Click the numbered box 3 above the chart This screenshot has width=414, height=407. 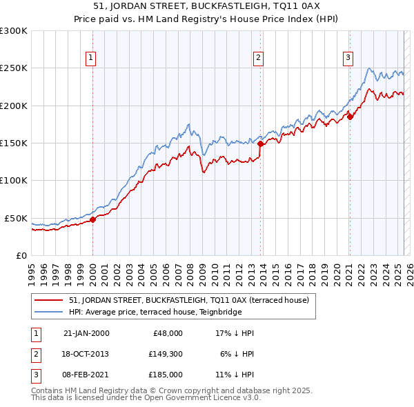[348, 58]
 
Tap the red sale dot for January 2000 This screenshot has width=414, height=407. [93, 220]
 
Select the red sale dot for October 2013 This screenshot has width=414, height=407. [260, 144]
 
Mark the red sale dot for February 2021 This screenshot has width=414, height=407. [349, 117]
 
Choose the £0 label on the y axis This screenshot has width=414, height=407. [21, 255]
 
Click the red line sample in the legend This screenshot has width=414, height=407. [49, 300]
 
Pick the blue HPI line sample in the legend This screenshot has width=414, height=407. [49, 311]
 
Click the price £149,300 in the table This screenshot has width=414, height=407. [165, 354]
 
